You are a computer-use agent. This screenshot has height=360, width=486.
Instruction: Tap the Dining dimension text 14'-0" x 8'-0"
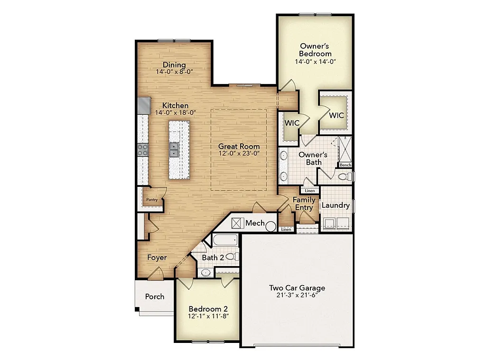click(x=174, y=72)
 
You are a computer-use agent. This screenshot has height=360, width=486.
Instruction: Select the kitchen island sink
click(x=174, y=150)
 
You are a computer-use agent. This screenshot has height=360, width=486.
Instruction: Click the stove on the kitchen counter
click(x=142, y=150)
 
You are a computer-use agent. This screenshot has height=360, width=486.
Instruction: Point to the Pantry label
click(x=152, y=200)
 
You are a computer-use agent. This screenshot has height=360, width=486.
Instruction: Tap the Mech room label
click(x=255, y=223)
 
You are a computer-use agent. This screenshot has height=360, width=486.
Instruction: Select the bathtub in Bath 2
click(x=225, y=240)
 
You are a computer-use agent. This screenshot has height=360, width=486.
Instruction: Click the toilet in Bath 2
click(x=231, y=257)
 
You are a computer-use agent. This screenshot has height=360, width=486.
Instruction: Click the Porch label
click(x=155, y=296)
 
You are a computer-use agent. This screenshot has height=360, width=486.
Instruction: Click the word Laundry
click(x=336, y=205)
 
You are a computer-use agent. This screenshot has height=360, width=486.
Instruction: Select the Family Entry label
click(x=304, y=204)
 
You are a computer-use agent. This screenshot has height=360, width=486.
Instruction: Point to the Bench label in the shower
click(x=345, y=165)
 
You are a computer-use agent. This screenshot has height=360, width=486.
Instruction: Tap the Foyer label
click(x=157, y=258)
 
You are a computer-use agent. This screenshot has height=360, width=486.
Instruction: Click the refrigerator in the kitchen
click(x=144, y=105)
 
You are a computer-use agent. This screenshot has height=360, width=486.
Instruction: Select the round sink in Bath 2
click(x=206, y=272)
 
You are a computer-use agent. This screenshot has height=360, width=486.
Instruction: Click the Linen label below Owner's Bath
click(x=309, y=191)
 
